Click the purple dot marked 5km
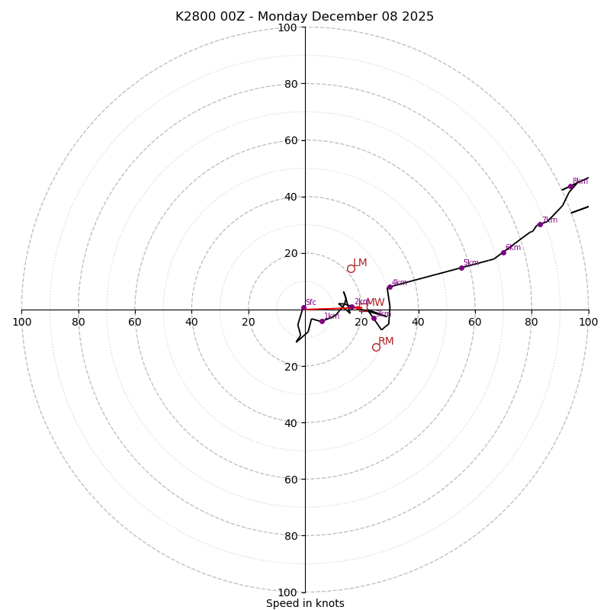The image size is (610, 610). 461,268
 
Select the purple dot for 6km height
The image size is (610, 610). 503,252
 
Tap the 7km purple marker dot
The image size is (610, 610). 540,224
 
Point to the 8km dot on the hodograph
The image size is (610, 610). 570,186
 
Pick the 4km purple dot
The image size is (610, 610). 389,287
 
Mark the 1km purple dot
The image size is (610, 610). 322,321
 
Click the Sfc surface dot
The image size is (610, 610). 303,307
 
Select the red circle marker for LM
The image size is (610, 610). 351,268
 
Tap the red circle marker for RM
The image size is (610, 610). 376,347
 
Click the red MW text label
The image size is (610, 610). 375,303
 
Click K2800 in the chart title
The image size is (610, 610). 195,17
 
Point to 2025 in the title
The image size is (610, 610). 417,17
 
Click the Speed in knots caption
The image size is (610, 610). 305,604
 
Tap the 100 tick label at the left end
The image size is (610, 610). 21,323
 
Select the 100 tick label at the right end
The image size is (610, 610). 588,323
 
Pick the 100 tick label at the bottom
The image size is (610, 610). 287,592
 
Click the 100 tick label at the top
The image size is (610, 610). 287,27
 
